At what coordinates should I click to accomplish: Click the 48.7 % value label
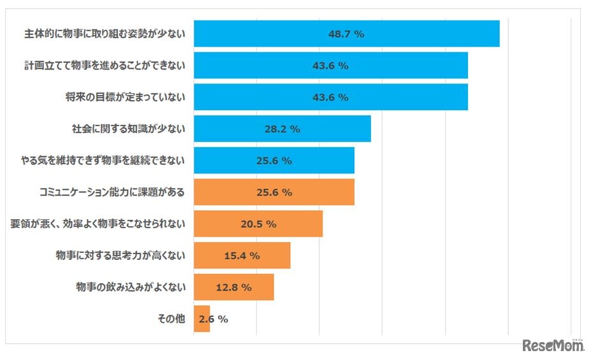(x=346, y=34)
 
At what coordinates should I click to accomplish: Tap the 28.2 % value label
(x=282, y=129)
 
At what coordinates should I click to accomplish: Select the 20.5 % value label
(x=258, y=224)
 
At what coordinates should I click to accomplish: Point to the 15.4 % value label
(x=242, y=256)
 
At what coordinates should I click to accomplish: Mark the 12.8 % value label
(x=234, y=287)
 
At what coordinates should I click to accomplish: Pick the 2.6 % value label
(x=214, y=319)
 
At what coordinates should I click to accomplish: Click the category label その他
(x=171, y=319)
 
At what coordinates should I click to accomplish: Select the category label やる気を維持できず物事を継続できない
(x=103, y=161)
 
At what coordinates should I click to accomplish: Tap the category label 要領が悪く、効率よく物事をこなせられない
(x=98, y=224)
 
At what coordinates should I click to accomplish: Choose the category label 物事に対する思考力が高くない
(x=121, y=256)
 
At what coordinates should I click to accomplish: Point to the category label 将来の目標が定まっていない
(x=125, y=97)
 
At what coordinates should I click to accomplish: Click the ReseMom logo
(x=553, y=345)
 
